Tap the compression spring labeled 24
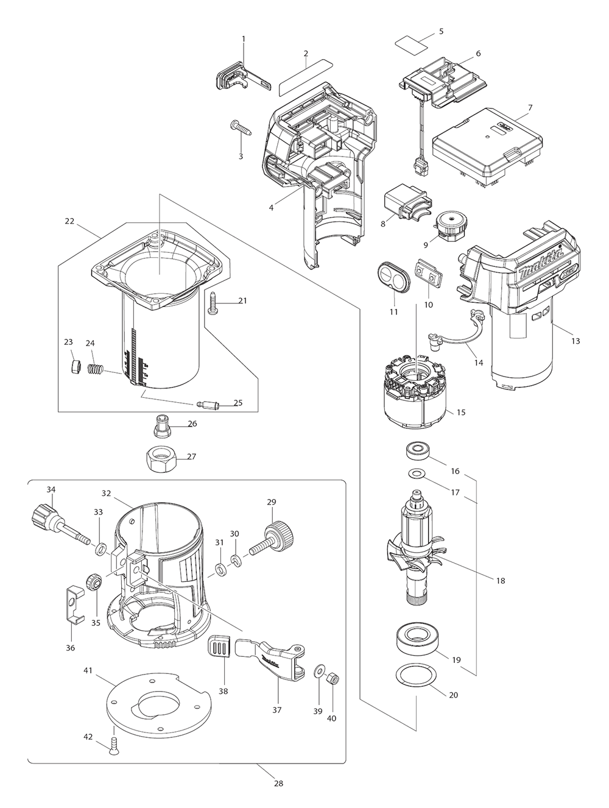pos(95,369)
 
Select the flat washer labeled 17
pos(416,473)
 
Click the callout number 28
pos(278,783)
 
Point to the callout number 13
pos(575,341)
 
